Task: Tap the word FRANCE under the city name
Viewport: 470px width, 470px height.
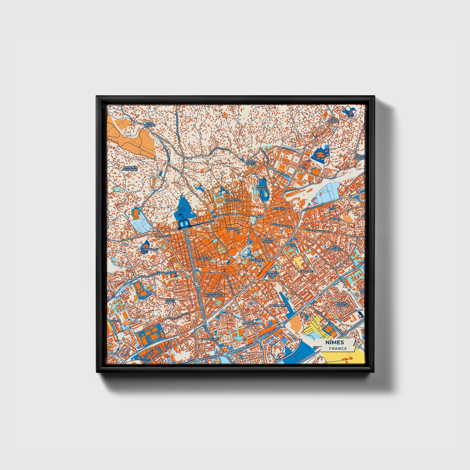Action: tap(338, 348)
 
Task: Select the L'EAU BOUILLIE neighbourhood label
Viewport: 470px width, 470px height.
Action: tap(150, 124)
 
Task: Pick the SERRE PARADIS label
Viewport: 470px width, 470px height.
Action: tap(360, 157)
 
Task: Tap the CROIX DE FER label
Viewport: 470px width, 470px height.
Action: tap(251, 163)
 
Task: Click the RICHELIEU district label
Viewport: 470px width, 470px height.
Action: tap(279, 208)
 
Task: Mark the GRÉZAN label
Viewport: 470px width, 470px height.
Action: tap(335, 219)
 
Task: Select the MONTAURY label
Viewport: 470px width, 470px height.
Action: tap(151, 249)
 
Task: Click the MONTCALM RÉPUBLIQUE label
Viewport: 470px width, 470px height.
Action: tap(214, 294)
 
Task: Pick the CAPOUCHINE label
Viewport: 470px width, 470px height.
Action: tap(210, 339)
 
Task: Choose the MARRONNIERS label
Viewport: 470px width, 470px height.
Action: tap(279, 306)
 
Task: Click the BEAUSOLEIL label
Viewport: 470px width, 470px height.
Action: tap(306, 271)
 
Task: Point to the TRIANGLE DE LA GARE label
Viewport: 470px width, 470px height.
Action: tap(272, 275)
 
